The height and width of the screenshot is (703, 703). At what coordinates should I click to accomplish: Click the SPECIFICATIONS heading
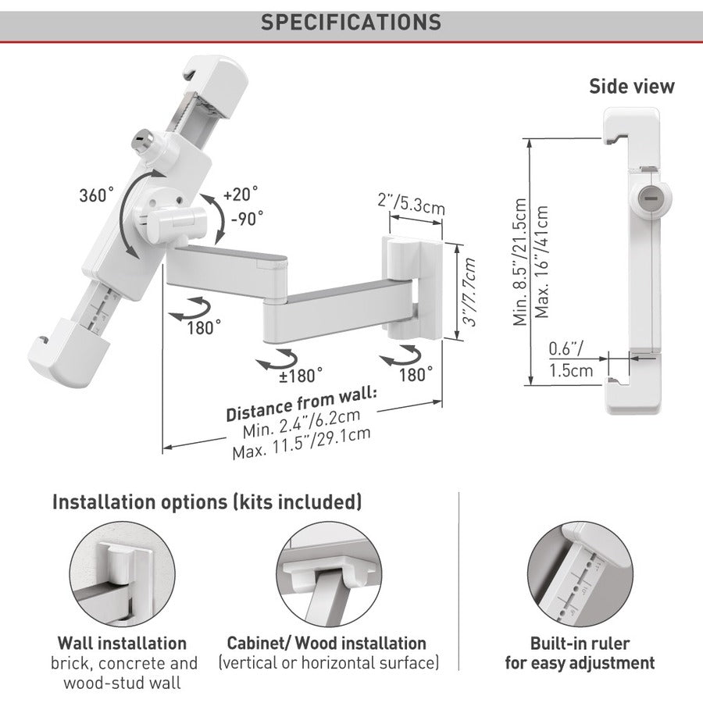point(351,23)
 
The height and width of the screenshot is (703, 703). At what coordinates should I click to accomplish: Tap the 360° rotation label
point(96,195)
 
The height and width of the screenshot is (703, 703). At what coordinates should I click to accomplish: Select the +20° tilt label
point(241,194)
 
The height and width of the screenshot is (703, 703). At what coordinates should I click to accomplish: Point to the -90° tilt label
point(247,219)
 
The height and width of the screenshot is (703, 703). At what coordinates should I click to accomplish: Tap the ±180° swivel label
point(301,376)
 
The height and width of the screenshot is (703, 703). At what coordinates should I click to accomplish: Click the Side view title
point(632,86)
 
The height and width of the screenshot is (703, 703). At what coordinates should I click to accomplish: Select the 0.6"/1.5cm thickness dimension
point(571,360)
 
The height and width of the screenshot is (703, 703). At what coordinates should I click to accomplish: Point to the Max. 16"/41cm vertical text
point(541,262)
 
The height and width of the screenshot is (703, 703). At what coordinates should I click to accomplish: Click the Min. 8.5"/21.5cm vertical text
point(520,262)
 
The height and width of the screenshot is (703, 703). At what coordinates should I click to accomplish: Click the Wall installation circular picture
point(122,574)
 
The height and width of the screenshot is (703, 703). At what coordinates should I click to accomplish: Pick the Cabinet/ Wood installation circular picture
point(329,574)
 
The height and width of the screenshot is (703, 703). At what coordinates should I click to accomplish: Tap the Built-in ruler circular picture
point(580,574)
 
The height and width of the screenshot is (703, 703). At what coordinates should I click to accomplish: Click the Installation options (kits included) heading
point(207,502)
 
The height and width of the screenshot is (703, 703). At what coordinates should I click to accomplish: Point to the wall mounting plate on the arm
point(412,287)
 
